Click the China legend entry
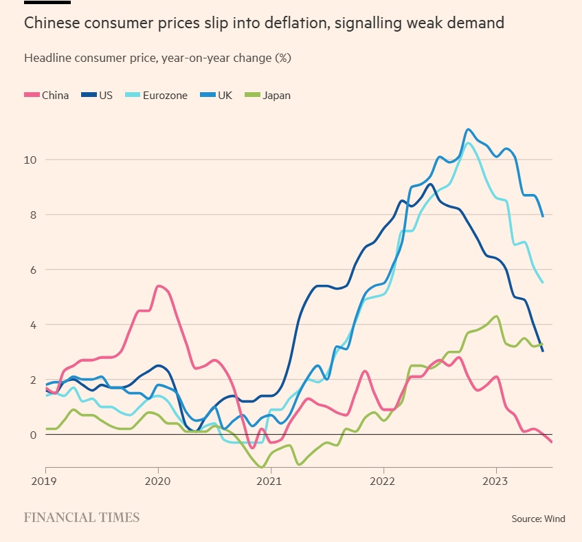coord(47,95)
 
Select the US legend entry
coord(97,95)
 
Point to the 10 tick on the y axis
coord(30,160)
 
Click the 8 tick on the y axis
coord(32,215)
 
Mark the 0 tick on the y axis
coord(32,435)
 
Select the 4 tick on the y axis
coord(32,325)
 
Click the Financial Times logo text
coord(82,517)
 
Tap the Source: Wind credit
coord(538,519)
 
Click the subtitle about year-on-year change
coord(157,58)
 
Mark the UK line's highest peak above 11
coord(468,129)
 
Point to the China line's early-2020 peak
coord(159,286)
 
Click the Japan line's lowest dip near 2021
coord(261,467)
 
